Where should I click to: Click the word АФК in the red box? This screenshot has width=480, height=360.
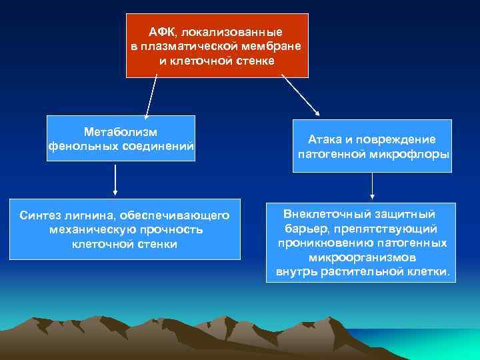coord(161,32)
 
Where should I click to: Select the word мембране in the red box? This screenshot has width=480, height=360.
coord(273,46)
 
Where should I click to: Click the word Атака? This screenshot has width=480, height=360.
coord(324,140)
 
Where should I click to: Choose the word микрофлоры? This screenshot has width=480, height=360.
coord(417,155)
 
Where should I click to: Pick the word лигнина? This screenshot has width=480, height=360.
coord(87,215)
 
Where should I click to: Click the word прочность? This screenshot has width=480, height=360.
coord(172,230)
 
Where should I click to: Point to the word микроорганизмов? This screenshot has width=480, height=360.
coord(363,258)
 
